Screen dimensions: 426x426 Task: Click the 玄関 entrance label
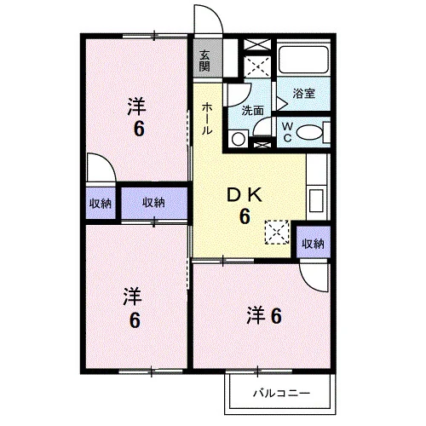click(x=204, y=60)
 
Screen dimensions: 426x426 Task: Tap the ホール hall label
click(x=207, y=118)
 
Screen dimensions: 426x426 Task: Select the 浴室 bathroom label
click(x=303, y=94)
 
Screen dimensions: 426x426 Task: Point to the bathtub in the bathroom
click(x=303, y=60)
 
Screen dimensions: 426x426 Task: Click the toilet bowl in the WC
click(x=309, y=132)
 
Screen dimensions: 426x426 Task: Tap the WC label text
click(x=287, y=132)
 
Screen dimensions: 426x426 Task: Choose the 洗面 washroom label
click(x=252, y=111)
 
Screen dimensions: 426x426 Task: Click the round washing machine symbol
click(x=239, y=139)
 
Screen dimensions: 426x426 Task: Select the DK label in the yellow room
click(x=245, y=195)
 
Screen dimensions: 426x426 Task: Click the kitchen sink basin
click(x=316, y=201)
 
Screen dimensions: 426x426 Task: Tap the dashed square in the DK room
click(x=277, y=232)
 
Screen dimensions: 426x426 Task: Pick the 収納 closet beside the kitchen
click(x=313, y=244)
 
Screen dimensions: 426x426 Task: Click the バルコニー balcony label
click(x=281, y=394)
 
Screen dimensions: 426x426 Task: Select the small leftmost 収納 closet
click(x=101, y=204)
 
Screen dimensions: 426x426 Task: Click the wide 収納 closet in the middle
click(x=154, y=203)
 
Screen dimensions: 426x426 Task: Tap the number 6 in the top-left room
click(x=139, y=129)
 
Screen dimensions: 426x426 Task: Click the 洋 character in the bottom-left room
click(x=133, y=296)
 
